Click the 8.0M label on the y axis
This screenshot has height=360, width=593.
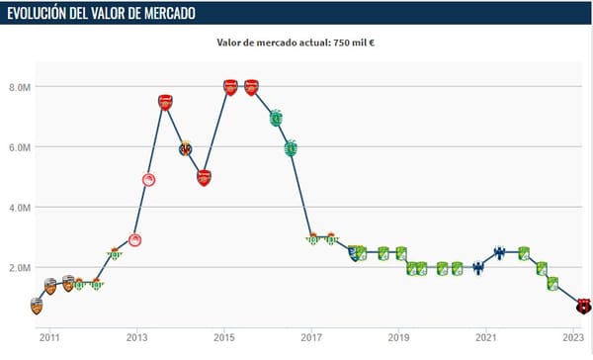tap(20, 87)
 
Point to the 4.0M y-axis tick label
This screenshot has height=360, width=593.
tap(20, 208)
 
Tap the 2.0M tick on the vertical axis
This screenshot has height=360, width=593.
tap(20, 268)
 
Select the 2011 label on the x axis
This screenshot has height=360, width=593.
tap(49, 337)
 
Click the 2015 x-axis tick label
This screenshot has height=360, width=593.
tap(224, 337)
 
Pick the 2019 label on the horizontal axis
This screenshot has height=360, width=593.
tap(398, 337)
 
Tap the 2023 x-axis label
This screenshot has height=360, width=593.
tap(573, 337)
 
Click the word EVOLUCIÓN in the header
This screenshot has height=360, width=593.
tap(37, 13)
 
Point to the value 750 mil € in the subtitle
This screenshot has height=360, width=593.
tap(354, 43)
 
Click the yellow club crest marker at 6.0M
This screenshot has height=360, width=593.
tap(186, 148)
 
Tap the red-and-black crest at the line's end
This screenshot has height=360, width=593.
tap(583, 306)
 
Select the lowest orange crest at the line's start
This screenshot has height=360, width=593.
tap(37, 307)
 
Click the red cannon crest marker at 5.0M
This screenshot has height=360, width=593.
tap(204, 178)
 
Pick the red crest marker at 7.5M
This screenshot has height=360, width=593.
tap(165, 102)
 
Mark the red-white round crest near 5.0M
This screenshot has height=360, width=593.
tap(149, 180)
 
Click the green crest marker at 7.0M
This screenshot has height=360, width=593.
tap(277, 118)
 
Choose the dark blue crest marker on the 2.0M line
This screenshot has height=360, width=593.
tap(478, 268)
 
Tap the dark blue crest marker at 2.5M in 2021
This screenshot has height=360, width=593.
tap(499, 253)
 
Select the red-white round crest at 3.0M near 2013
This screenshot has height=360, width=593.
tap(135, 240)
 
